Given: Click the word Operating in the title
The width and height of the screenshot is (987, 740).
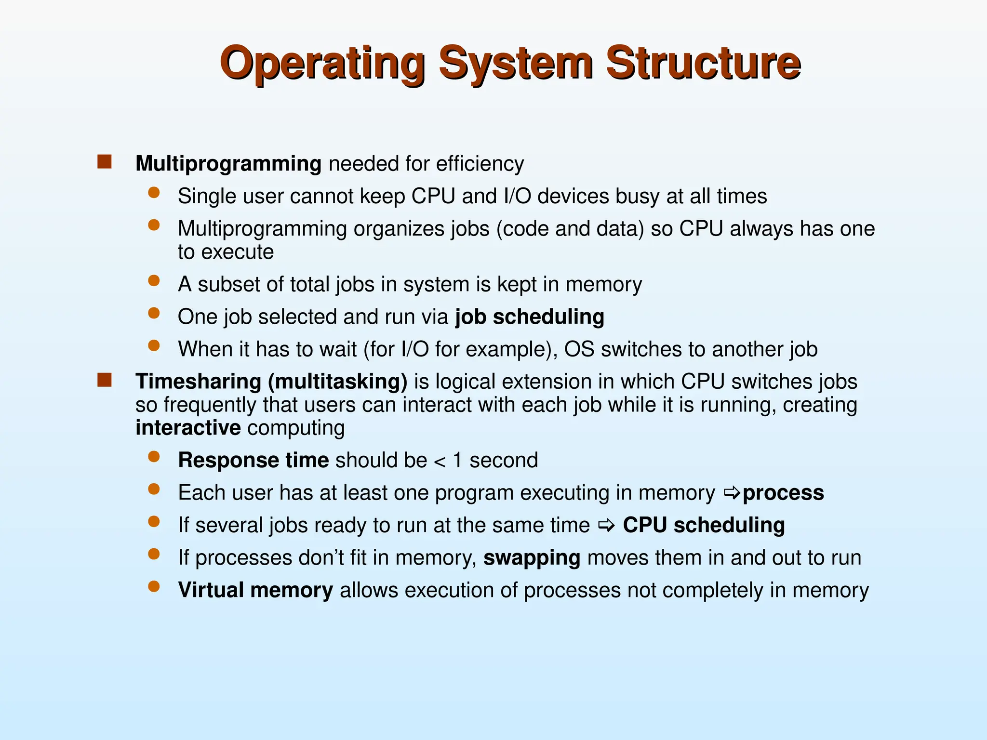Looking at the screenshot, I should pos(322,64).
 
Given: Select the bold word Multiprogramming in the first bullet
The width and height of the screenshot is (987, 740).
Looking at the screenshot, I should pos(228,164).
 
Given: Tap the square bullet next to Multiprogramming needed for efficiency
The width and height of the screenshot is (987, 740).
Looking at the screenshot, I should pos(104,162).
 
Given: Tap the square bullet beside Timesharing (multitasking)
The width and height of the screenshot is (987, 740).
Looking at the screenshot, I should pos(104,380).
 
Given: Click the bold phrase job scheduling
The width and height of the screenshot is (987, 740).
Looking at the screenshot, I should pos(529,317).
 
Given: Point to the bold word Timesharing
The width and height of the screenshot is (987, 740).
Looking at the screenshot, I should pos(198,382).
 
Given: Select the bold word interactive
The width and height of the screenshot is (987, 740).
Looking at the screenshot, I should pos(188,428).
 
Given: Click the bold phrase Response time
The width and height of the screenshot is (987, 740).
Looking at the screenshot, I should pos(253,460).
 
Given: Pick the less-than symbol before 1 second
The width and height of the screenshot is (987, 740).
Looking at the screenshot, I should pos(440,462).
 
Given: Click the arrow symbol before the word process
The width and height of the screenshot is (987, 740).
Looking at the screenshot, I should pos(732,493).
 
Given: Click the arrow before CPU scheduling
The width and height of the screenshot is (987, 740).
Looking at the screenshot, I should pos(606,526).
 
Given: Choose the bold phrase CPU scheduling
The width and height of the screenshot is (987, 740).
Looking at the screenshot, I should pos(704,525).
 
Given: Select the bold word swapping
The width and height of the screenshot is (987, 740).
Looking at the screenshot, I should pos(532,558).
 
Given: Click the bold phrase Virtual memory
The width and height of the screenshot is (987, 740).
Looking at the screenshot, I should pos(255,590).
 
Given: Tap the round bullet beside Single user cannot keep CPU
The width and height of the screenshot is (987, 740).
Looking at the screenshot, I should pos(154,193).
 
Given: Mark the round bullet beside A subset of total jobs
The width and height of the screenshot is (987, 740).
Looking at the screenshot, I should pos(154,281).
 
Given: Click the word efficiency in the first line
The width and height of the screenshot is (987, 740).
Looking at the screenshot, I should pos(480,164).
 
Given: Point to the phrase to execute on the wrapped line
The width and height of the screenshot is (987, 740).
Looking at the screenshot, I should pos(226,252).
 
